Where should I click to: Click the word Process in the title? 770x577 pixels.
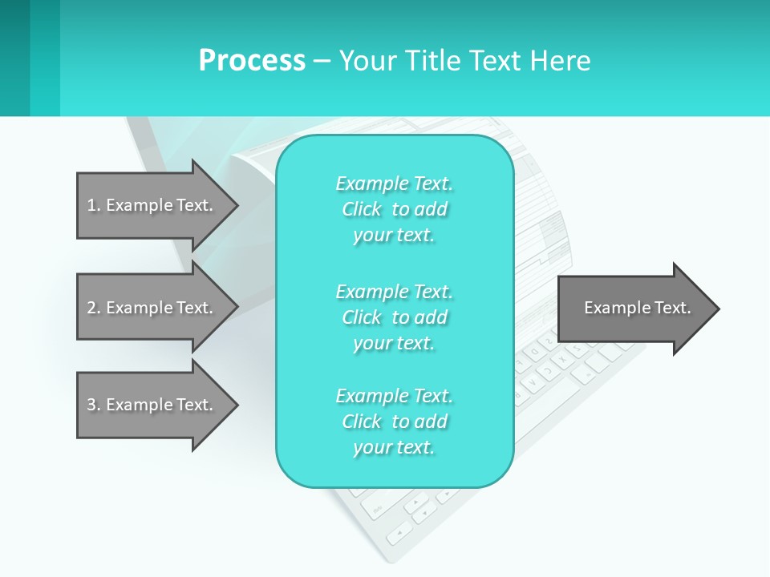pos(252,60)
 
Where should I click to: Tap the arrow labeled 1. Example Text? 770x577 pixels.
pos(152,205)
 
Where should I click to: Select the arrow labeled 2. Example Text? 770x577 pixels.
pos(152,308)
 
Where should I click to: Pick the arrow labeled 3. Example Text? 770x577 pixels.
pos(152,405)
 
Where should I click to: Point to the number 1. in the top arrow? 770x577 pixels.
pos(94,205)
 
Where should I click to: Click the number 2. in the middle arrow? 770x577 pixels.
pos(94,308)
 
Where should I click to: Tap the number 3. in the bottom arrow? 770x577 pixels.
pos(94,405)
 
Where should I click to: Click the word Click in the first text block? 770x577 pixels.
pos(362,209)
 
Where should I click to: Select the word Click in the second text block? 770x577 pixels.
pos(362,317)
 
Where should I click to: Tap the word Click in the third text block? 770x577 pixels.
pos(362,422)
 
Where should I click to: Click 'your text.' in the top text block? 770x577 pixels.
pos(394,235)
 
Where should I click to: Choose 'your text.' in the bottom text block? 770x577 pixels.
pos(394,447)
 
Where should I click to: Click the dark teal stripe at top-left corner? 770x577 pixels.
pos(14,58)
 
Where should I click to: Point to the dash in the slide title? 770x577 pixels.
pos(322,60)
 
